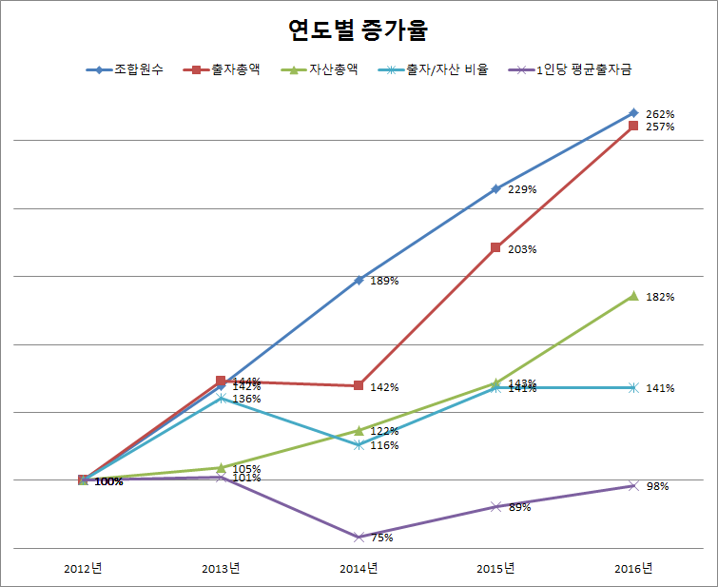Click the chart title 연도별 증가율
click(359, 30)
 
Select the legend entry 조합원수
click(139, 69)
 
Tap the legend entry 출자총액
click(238, 69)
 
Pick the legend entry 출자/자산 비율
click(446, 69)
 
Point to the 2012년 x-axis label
click(83, 569)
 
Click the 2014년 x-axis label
click(359, 569)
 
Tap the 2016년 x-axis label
click(633, 569)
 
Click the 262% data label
click(660, 114)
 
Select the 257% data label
click(660, 127)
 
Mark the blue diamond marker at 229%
click(495, 188)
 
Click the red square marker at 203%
click(495, 247)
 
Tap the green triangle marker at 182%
click(633, 296)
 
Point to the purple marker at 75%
click(359, 537)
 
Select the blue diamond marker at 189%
click(359, 280)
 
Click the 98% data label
click(657, 486)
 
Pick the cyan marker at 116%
click(359, 444)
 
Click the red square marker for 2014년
click(359, 385)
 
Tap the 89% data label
click(520, 507)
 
